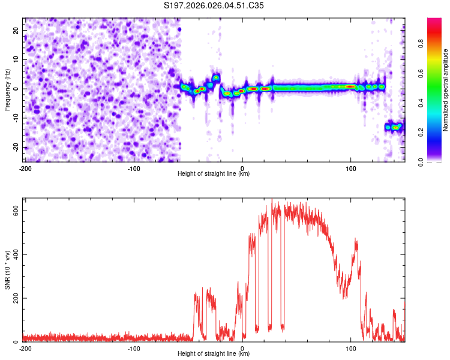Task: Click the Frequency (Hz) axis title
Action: [x=7, y=89]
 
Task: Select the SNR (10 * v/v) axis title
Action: [x=7, y=270]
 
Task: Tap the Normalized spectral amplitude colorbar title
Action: [x=446, y=90]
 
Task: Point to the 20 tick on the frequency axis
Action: [x=16, y=30]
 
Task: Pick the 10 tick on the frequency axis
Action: [x=16, y=59]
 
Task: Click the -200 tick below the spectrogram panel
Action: [x=25, y=168]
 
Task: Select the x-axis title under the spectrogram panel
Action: [x=214, y=174]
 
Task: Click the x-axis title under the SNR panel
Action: [x=214, y=354]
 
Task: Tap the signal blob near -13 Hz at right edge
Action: [x=394, y=127]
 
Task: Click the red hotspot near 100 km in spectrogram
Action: [x=350, y=86]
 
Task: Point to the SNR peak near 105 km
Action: [x=356, y=240]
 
